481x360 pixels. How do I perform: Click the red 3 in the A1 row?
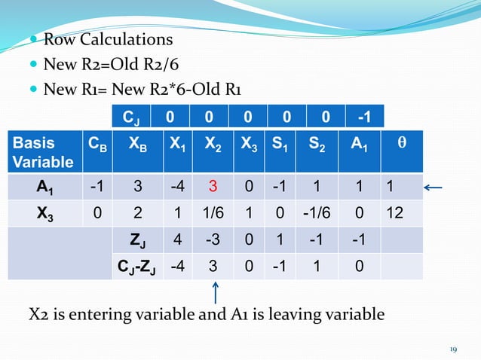[213, 187]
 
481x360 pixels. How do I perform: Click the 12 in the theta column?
[393, 215]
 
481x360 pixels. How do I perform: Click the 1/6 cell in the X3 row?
[212, 215]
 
